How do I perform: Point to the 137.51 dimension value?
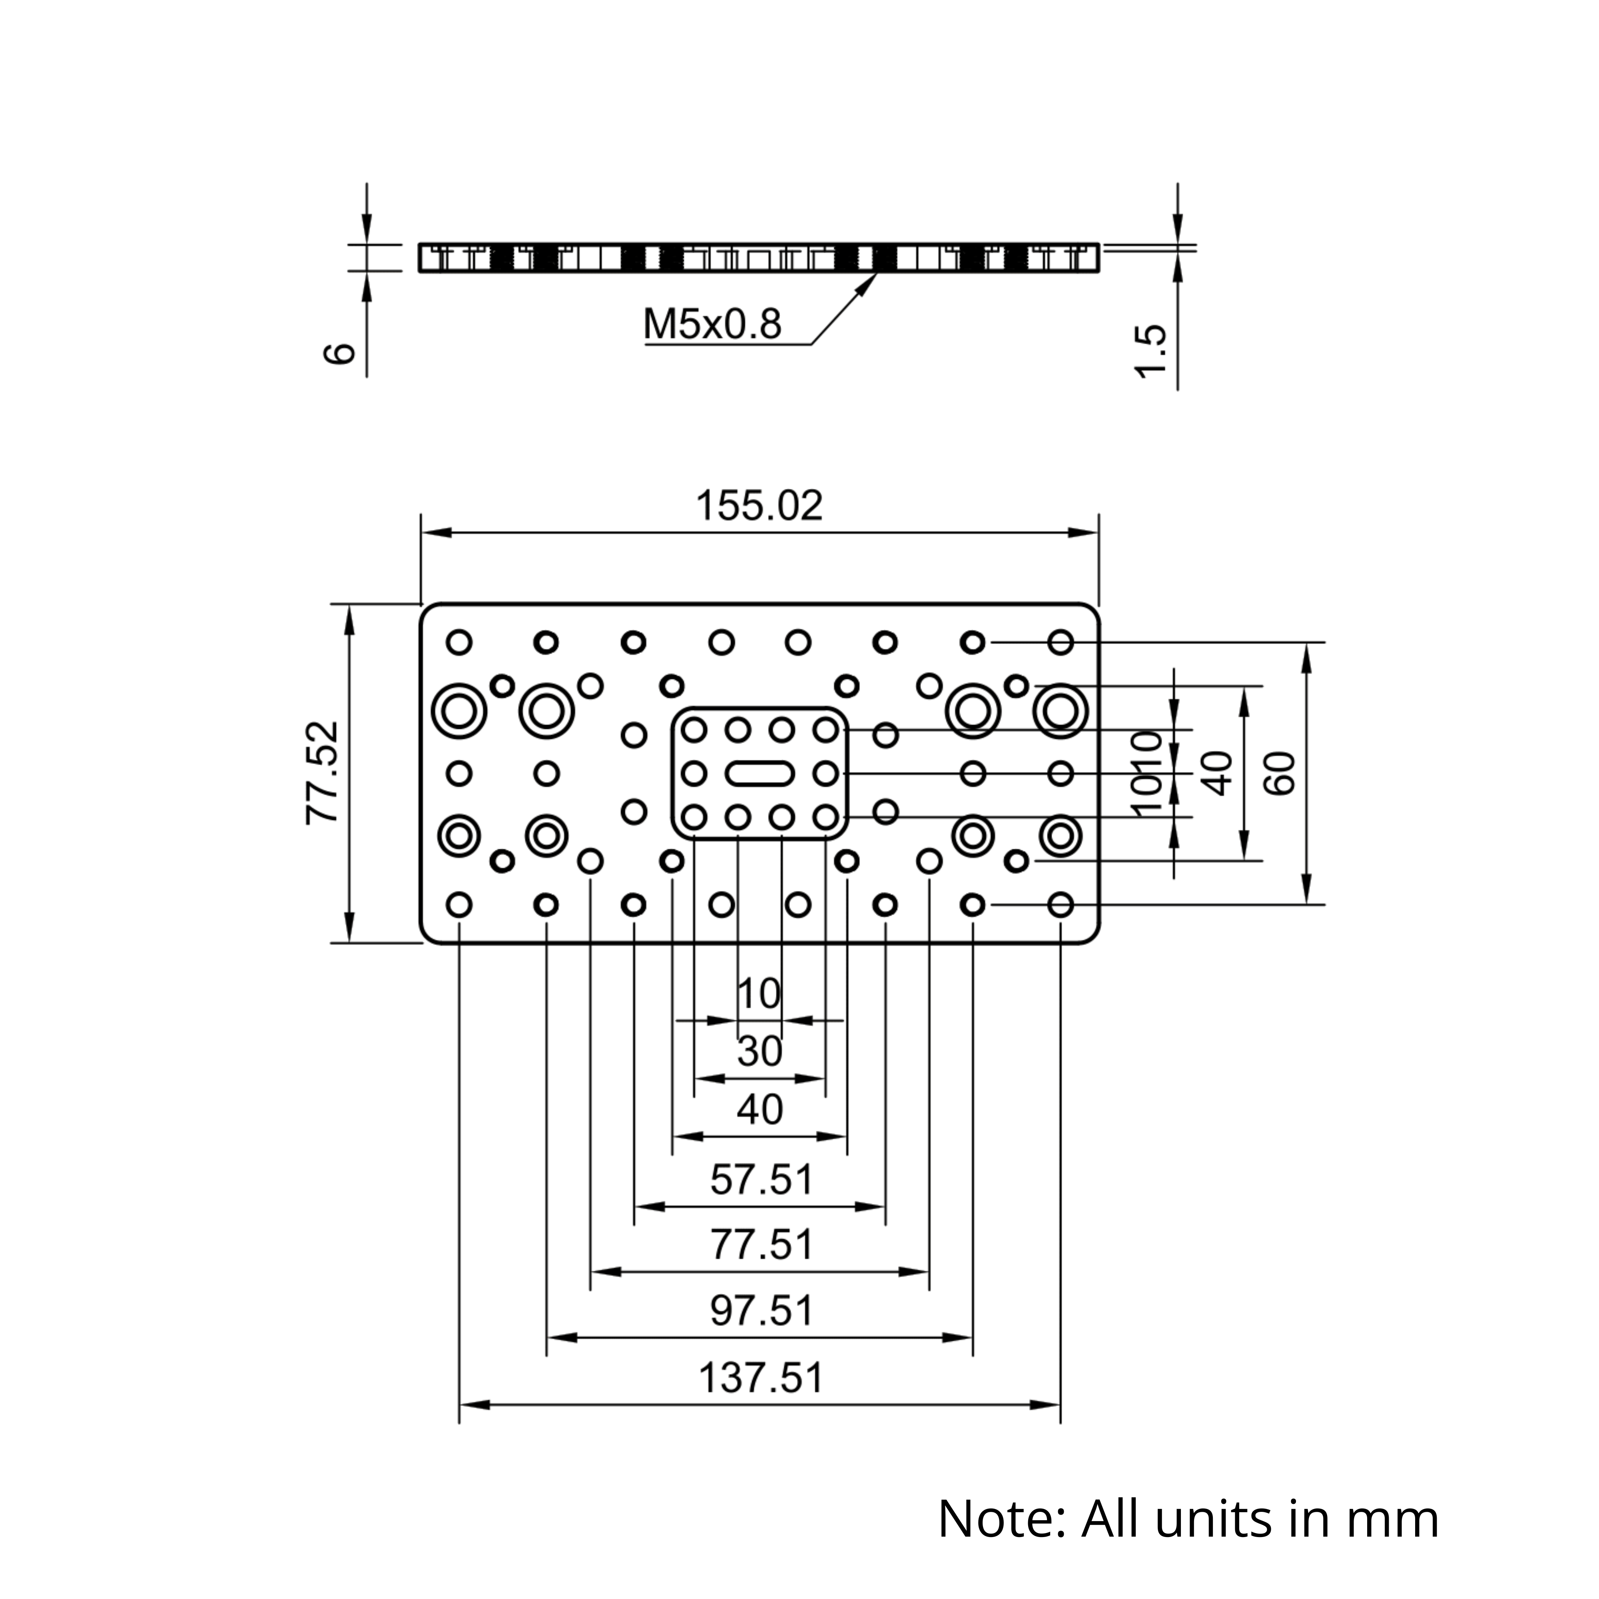point(762,1378)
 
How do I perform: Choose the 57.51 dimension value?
point(762,1179)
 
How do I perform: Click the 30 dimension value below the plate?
point(760,1051)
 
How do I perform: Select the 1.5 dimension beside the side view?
point(1151,351)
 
